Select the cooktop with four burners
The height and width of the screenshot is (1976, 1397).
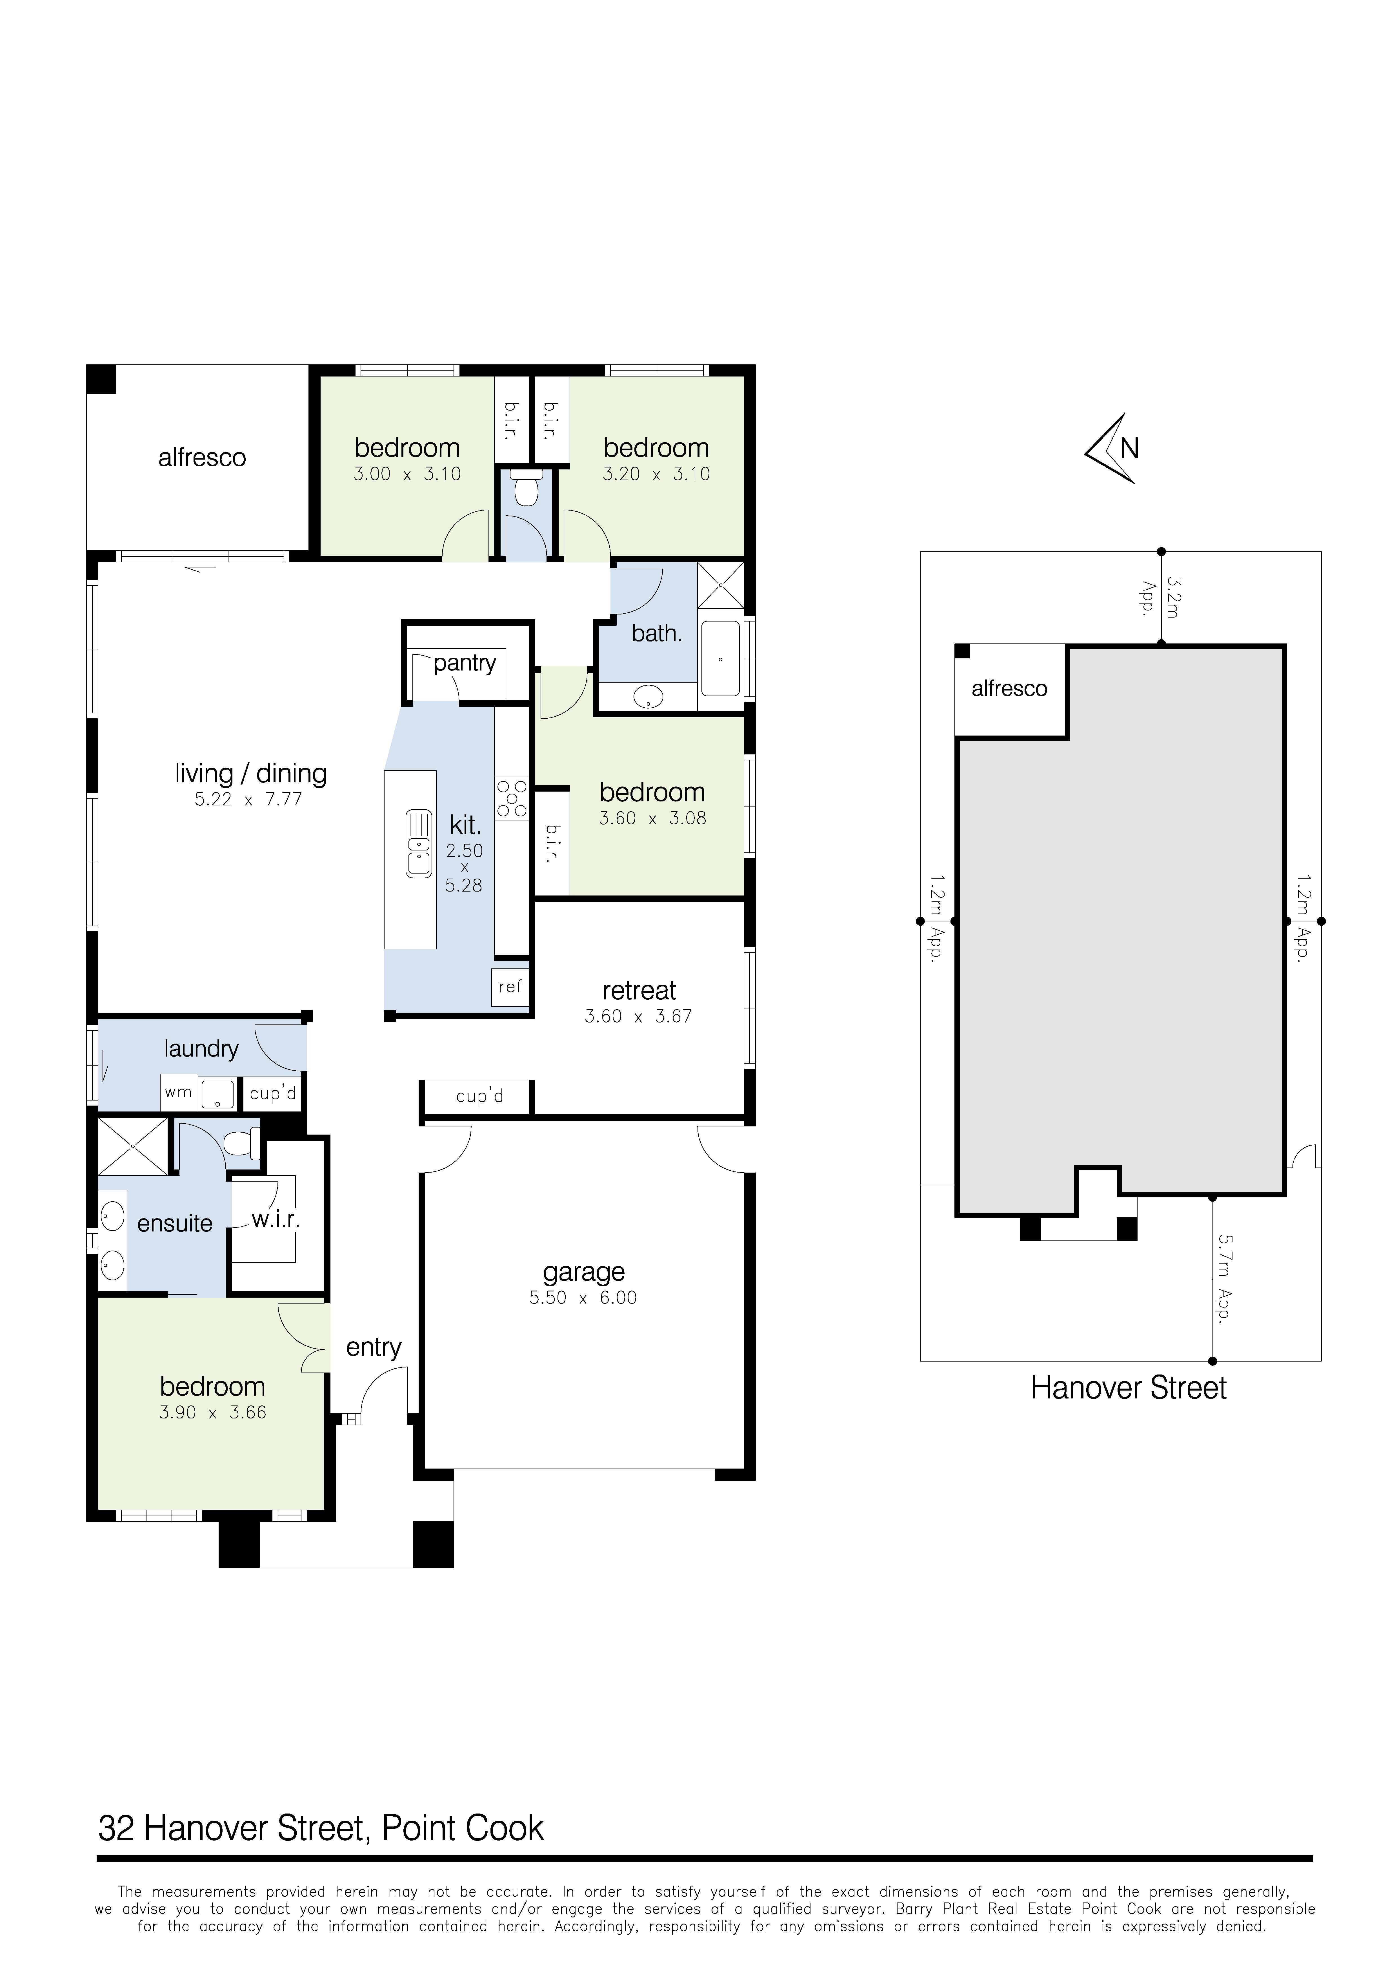click(511, 798)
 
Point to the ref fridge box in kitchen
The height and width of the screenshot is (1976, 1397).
click(510, 986)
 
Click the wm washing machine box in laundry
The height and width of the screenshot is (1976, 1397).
click(178, 1093)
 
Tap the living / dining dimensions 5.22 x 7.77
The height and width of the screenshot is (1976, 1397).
click(248, 799)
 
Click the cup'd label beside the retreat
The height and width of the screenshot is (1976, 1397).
click(479, 1097)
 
